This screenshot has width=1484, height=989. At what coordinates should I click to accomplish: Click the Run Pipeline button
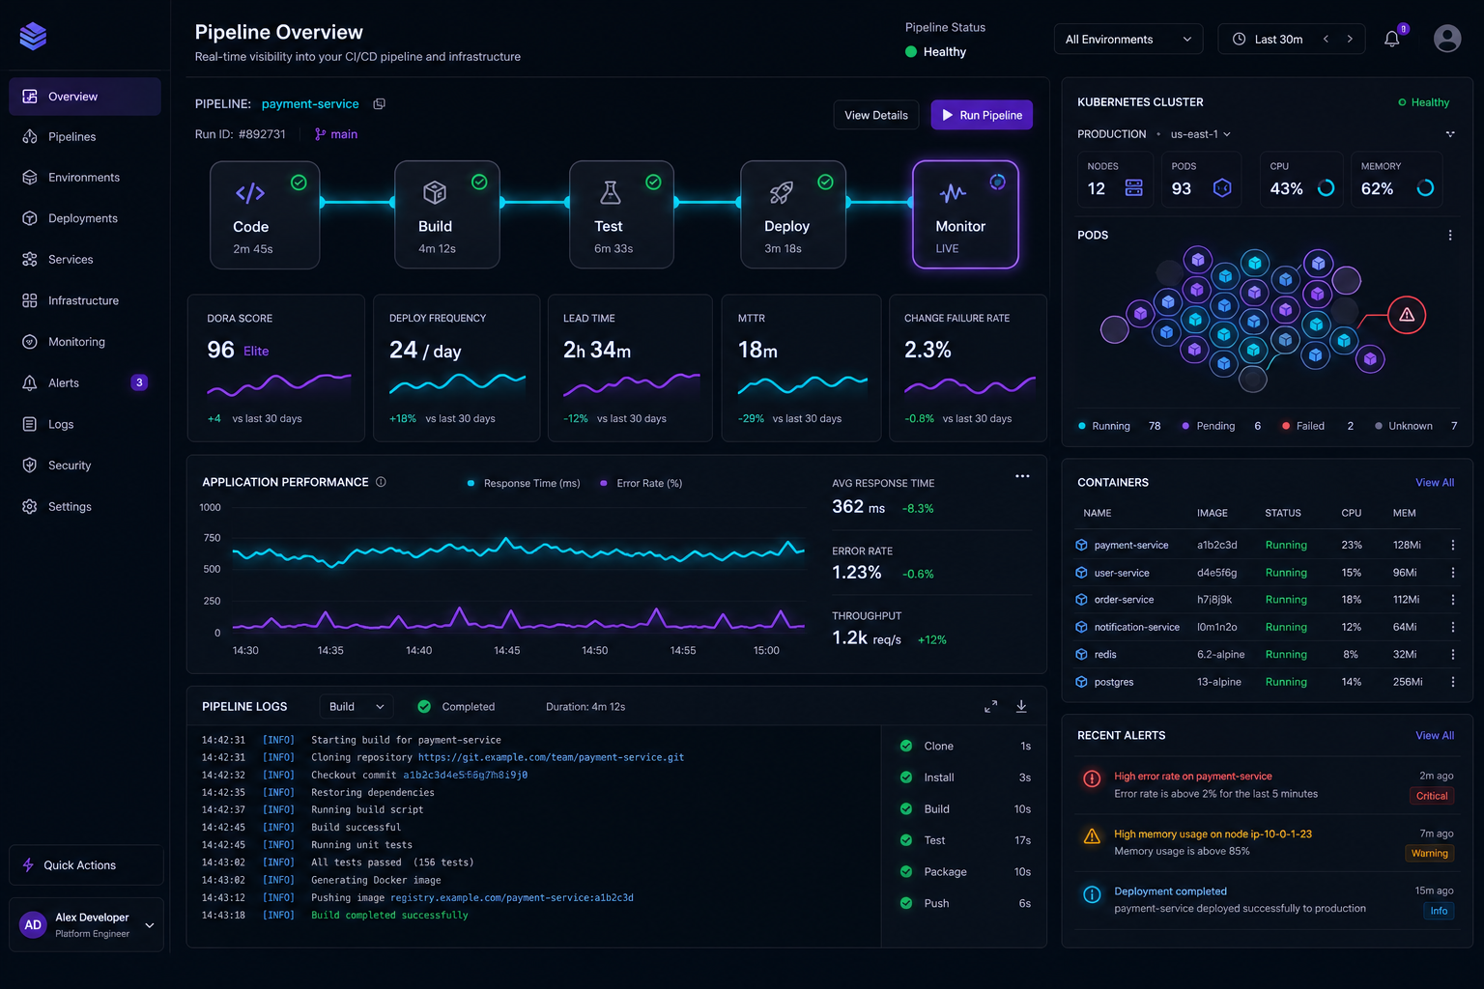(x=982, y=115)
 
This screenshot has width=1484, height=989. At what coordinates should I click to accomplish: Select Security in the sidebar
(x=69, y=465)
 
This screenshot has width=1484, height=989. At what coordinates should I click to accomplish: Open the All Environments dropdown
(x=1127, y=39)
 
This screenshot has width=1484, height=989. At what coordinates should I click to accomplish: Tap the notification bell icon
(x=1391, y=39)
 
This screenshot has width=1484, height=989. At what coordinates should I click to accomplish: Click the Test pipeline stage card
(x=621, y=214)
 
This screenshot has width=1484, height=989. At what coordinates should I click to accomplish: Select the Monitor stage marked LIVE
(x=964, y=214)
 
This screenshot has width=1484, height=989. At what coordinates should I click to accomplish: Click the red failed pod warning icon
(x=1406, y=315)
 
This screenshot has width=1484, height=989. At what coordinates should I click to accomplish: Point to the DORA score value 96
(x=220, y=350)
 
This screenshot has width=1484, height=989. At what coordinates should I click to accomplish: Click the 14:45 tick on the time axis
(x=507, y=651)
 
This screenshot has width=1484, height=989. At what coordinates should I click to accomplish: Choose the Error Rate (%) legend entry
(x=641, y=483)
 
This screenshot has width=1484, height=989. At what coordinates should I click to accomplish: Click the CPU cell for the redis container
(x=1350, y=655)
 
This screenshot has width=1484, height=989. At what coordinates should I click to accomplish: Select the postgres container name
(x=1114, y=682)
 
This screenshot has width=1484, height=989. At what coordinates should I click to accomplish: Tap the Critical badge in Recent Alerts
(x=1431, y=796)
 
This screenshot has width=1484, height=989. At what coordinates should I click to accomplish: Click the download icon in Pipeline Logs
(x=1021, y=707)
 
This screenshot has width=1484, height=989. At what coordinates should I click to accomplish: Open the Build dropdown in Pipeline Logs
(x=356, y=707)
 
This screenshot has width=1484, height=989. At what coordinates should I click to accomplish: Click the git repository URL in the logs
(x=551, y=757)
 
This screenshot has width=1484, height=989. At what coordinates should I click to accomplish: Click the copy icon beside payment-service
(x=379, y=104)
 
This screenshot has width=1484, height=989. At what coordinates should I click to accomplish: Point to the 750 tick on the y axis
(x=212, y=538)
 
